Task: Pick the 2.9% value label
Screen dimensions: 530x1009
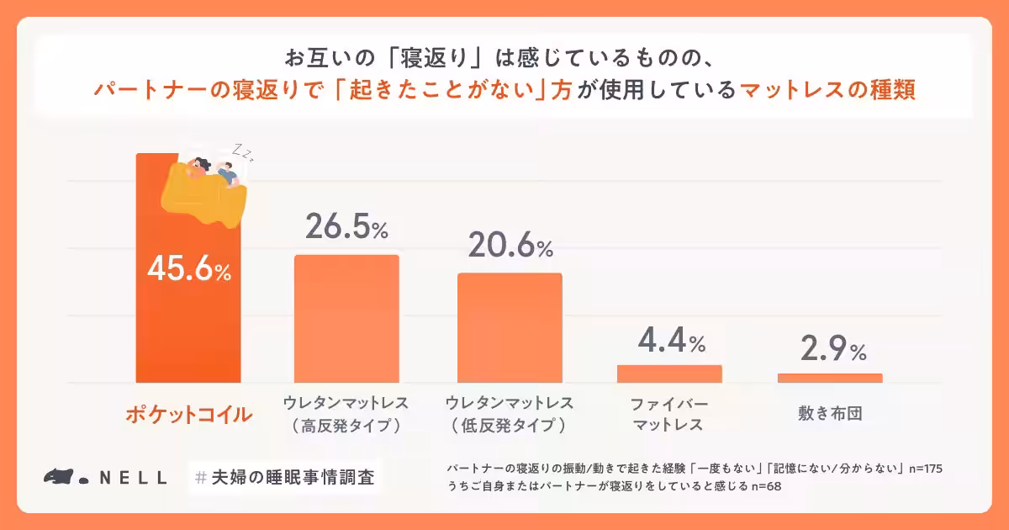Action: coord(830,350)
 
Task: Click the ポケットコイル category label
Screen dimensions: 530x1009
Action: coord(188,415)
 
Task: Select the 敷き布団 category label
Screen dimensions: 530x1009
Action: coord(830,414)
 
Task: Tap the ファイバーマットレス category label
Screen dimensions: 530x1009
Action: coord(669,414)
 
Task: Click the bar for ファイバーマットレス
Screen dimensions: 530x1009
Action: coord(669,374)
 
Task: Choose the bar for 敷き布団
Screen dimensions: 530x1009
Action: coord(830,378)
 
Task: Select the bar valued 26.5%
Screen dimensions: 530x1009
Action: coord(346,319)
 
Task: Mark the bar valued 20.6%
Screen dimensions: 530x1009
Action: coord(510,328)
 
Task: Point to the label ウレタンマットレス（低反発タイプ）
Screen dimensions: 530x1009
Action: coord(510,414)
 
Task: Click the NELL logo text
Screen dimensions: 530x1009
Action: coord(132,477)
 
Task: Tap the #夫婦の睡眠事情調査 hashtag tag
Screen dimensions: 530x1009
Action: coord(283,477)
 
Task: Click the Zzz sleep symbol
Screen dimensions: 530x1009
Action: coord(243,152)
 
